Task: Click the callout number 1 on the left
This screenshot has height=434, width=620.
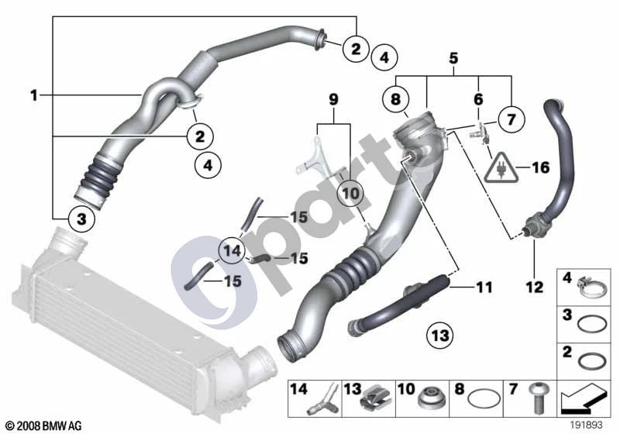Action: [34, 95]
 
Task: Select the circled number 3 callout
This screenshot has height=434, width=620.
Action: [81, 219]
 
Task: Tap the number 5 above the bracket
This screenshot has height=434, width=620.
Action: [453, 58]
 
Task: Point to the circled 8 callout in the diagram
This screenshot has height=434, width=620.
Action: [396, 99]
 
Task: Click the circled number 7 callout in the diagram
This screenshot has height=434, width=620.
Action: [511, 119]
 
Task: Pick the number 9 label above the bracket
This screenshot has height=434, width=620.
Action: [334, 99]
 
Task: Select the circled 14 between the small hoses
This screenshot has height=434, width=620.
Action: [232, 250]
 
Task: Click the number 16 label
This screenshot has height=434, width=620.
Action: [540, 167]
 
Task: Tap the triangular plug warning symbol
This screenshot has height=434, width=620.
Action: [501, 167]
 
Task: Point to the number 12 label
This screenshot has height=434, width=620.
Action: [534, 287]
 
